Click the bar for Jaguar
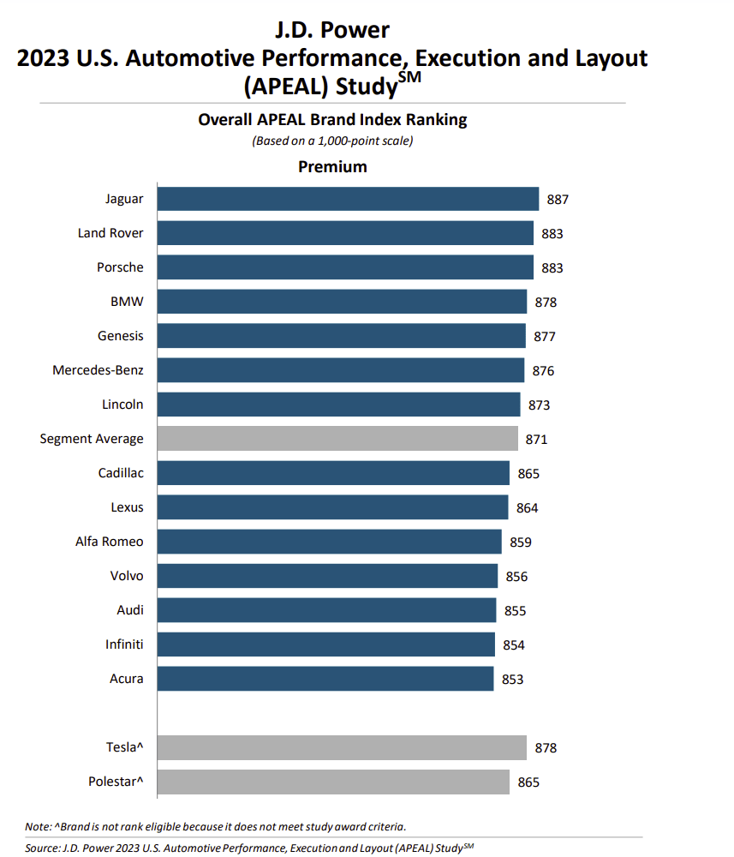[x=348, y=199]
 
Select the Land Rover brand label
[x=110, y=233]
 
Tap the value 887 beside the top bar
[x=558, y=200]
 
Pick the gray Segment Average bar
[x=337, y=439]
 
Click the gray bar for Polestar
[x=333, y=782]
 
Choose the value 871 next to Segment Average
[x=536, y=440]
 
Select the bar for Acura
[x=325, y=679]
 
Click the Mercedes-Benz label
[x=98, y=370]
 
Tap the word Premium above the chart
[x=332, y=166]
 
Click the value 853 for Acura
[x=512, y=680]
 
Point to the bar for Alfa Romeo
[x=329, y=542]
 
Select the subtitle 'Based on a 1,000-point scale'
[x=332, y=141]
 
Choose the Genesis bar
[x=341, y=336]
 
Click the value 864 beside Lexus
[x=527, y=508]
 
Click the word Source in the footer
[x=42, y=848]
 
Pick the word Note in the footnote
[x=38, y=826]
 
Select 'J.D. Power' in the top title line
[x=332, y=31]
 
